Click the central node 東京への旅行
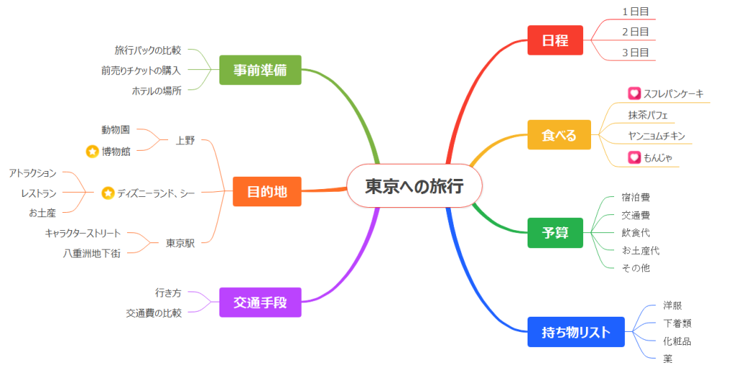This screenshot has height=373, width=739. click(414, 186)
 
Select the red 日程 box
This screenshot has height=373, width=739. click(555, 40)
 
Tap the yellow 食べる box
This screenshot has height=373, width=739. click(559, 135)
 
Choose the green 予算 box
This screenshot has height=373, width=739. click(554, 232)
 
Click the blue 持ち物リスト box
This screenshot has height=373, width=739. click(575, 332)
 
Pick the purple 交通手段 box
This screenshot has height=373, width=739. click(260, 302)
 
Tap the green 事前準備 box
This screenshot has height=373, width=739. click(260, 70)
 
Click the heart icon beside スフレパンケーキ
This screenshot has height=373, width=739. click(634, 93)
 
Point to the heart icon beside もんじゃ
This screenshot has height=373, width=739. click(634, 157)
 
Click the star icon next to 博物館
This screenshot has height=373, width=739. click(92, 152)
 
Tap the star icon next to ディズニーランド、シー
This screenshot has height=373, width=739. click(108, 193)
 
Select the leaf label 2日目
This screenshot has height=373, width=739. click(635, 32)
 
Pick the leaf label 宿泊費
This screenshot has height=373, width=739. click(636, 196)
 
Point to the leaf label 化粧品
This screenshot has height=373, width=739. click(677, 341)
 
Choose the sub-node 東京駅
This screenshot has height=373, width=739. click(180, 243)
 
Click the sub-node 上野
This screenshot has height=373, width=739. click(185, 141)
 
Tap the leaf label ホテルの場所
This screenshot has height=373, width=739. click(156, 91)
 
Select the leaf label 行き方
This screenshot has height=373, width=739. click(167, 293)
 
